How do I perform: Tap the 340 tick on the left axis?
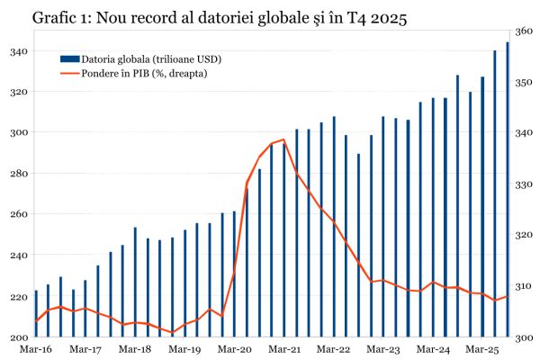pyautogui.click(x=17, y=51)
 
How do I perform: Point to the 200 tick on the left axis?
pyautogui.click(x=17, y=337)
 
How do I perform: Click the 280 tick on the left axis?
pyautogui.click(x=17, y=174)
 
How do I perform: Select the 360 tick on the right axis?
pyautogui.click(x=523, y=31)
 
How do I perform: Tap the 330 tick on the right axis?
pyautogui.click(x=523, y=184)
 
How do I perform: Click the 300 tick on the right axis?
pyautogui.click(x=523, y=337)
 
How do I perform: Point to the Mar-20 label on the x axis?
pyautogui.click(x=234, y=348)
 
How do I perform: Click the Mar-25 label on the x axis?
pyautogui.click(x=482, y=348)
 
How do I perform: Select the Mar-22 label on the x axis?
pyautogui.click(x=334, y=348)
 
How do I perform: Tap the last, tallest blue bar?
pyautogui.click(x=508, y=189)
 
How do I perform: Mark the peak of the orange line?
pyautogui.click(x=283, y=139)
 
